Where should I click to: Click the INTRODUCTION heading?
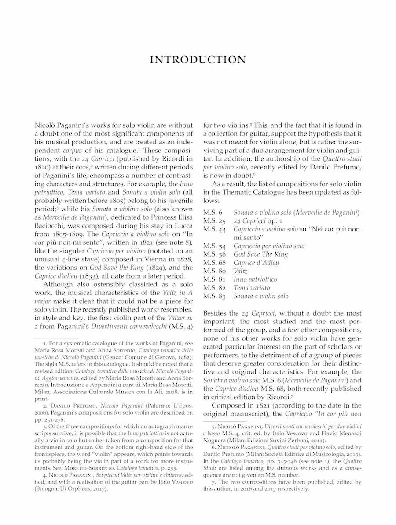pyautogui.click(x=198, y=60)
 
